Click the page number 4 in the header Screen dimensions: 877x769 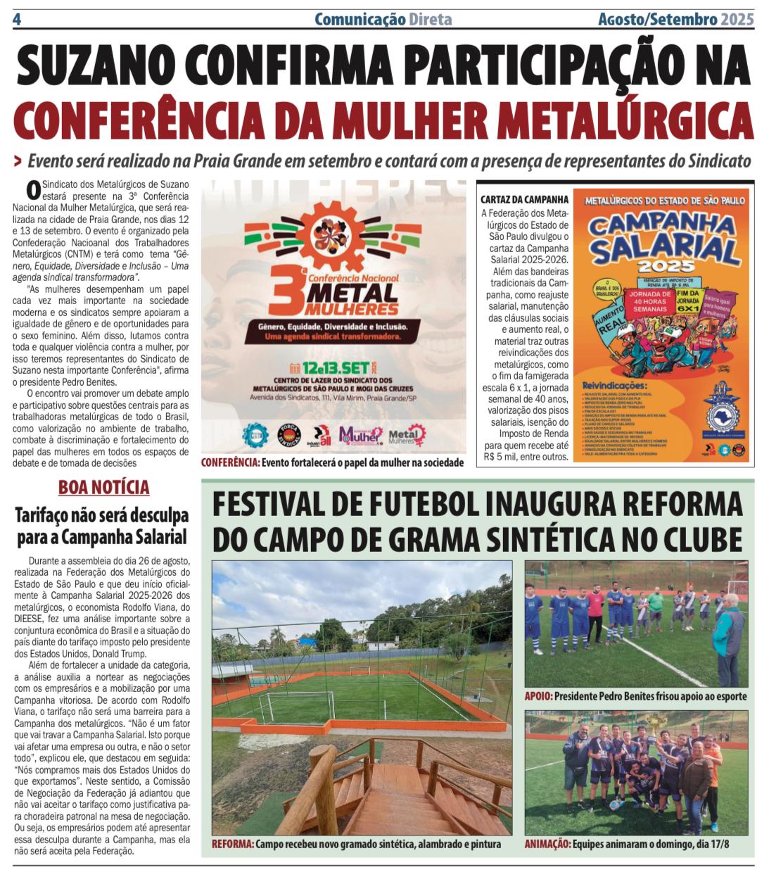click(17, 19)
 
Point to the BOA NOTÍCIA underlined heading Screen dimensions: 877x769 click(103, 487)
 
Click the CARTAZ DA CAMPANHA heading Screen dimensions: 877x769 click(525, 199)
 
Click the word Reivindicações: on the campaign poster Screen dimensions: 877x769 click(614, 386)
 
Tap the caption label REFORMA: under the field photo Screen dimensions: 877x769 click(232, 844)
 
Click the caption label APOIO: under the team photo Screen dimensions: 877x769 click(538, 696)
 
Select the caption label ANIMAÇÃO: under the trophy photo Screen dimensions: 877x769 click(547, 844)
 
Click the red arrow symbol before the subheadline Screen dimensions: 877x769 click(18, 161)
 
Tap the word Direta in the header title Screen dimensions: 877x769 click(430, 19)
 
